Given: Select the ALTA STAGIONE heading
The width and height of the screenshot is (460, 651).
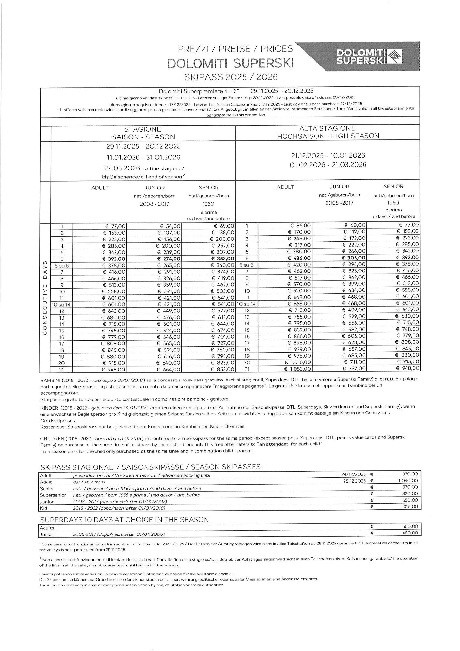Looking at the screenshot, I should click(x=327, y=128).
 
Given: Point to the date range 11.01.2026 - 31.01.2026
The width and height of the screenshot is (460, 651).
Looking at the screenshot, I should click(x=144, y=158).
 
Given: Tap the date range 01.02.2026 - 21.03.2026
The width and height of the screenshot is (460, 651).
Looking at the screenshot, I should click(x=328, y=165).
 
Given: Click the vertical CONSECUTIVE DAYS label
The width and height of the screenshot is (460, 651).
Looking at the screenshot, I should click(x=45, y=297).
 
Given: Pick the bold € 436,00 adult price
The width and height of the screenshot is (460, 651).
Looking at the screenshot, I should click(x=299, y=258).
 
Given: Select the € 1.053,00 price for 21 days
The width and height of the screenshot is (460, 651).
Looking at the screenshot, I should click(x=297, y=369).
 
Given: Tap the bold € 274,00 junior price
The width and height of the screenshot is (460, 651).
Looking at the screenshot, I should click(x=169, y=259).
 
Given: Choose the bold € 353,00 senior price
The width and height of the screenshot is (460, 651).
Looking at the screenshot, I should click(x=223, y=259).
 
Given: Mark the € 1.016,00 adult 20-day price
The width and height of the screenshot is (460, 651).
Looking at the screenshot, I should click(x=298, y=362).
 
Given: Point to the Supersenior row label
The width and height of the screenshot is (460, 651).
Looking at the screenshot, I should click(x=53, y=495).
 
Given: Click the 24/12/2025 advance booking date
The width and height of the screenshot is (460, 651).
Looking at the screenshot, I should click(x=353, y=474).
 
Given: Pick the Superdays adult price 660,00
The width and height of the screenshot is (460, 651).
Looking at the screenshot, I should click(x=410, y=526).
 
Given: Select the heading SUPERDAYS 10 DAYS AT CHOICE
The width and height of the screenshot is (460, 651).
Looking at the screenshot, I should click(x=125, y=519).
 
